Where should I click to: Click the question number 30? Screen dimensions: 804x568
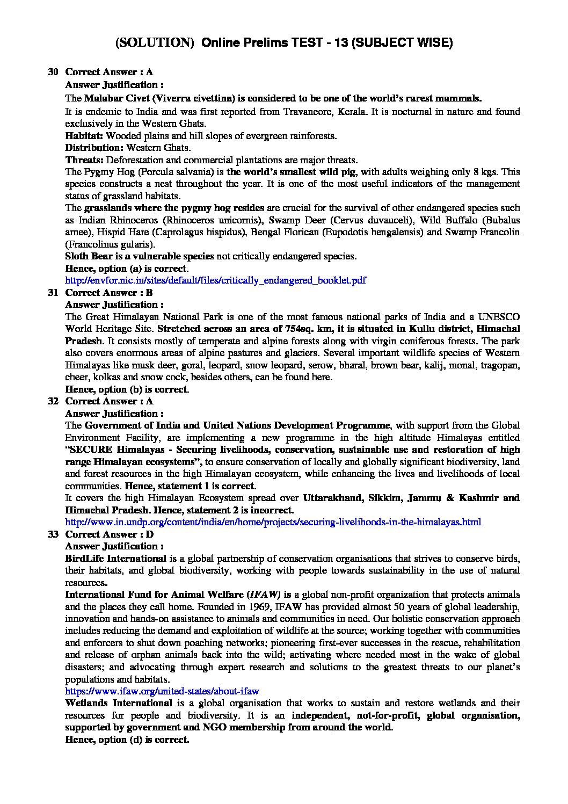(53, 72)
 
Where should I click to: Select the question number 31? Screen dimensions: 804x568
(53, 293)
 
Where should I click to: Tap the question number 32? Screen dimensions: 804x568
(53, 401)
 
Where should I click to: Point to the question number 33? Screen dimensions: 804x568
(53, 534)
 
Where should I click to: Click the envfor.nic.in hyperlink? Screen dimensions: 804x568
(215, 280)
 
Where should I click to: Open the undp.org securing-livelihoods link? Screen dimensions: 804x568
(273, 522)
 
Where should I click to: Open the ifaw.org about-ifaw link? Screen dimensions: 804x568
(162, 691)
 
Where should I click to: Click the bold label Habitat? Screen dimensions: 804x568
(84, 136)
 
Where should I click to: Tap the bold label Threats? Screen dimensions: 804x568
(85, 160)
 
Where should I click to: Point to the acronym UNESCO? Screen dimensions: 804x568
(499, 317)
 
